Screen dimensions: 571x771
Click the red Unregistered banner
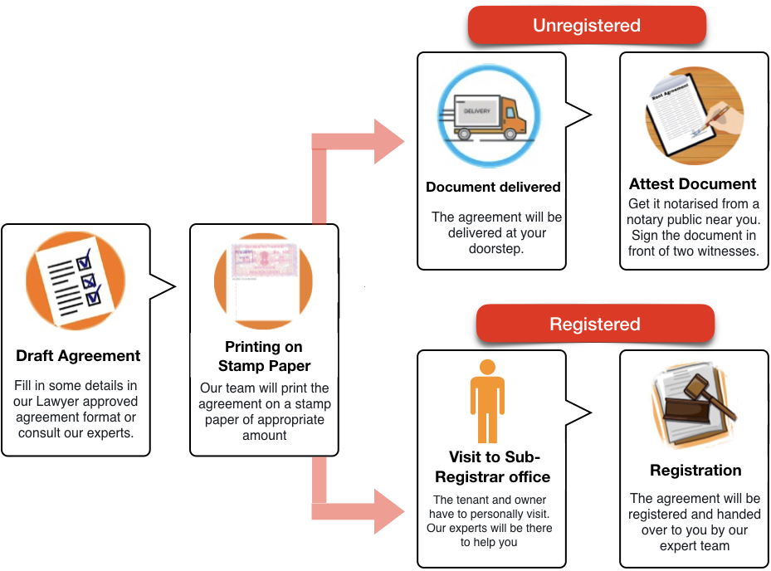tap(586, 25)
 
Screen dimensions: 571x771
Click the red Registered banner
tap(594, 324)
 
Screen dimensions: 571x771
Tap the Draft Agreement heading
tap(78, 356)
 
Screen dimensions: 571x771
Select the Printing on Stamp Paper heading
tap(263, 356)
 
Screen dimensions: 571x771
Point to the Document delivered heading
tap(493, 187)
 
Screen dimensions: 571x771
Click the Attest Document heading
tap(692, 183)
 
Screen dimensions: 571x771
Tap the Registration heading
tap(695, 471)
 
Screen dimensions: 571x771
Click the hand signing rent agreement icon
tap(694, 117)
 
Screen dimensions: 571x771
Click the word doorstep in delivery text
tap(496, 249)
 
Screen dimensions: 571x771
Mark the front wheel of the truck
tap(515, 133)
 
